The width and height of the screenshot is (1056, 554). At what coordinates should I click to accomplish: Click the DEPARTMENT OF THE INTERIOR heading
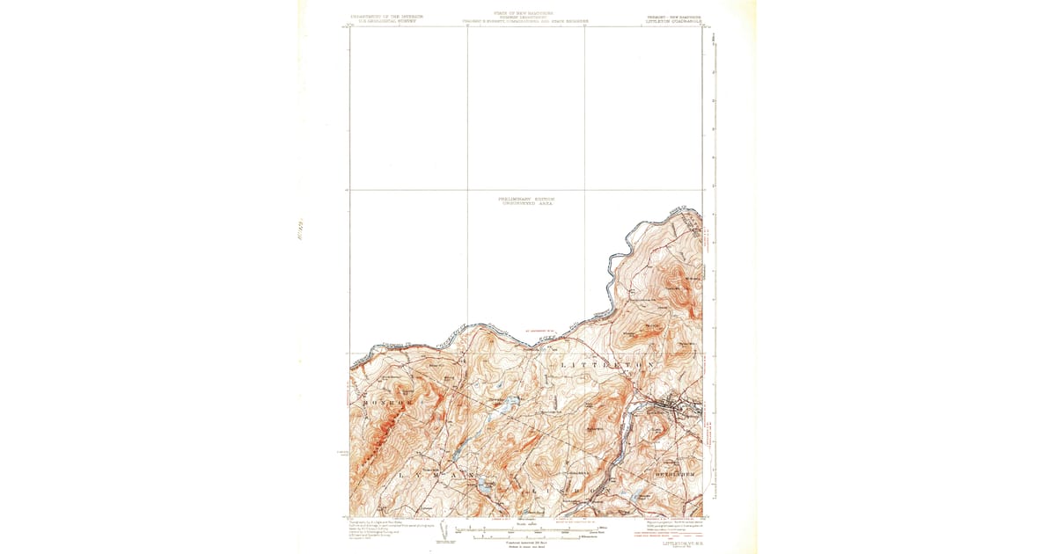(387, 16)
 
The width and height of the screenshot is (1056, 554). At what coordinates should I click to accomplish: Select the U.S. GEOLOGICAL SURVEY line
(387, 21)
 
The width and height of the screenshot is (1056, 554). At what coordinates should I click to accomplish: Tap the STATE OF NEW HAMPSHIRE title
(526, 13)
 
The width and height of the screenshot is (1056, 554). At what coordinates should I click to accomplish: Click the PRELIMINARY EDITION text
(526, 199)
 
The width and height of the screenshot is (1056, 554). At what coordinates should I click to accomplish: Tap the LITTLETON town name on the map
(603, 362)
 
